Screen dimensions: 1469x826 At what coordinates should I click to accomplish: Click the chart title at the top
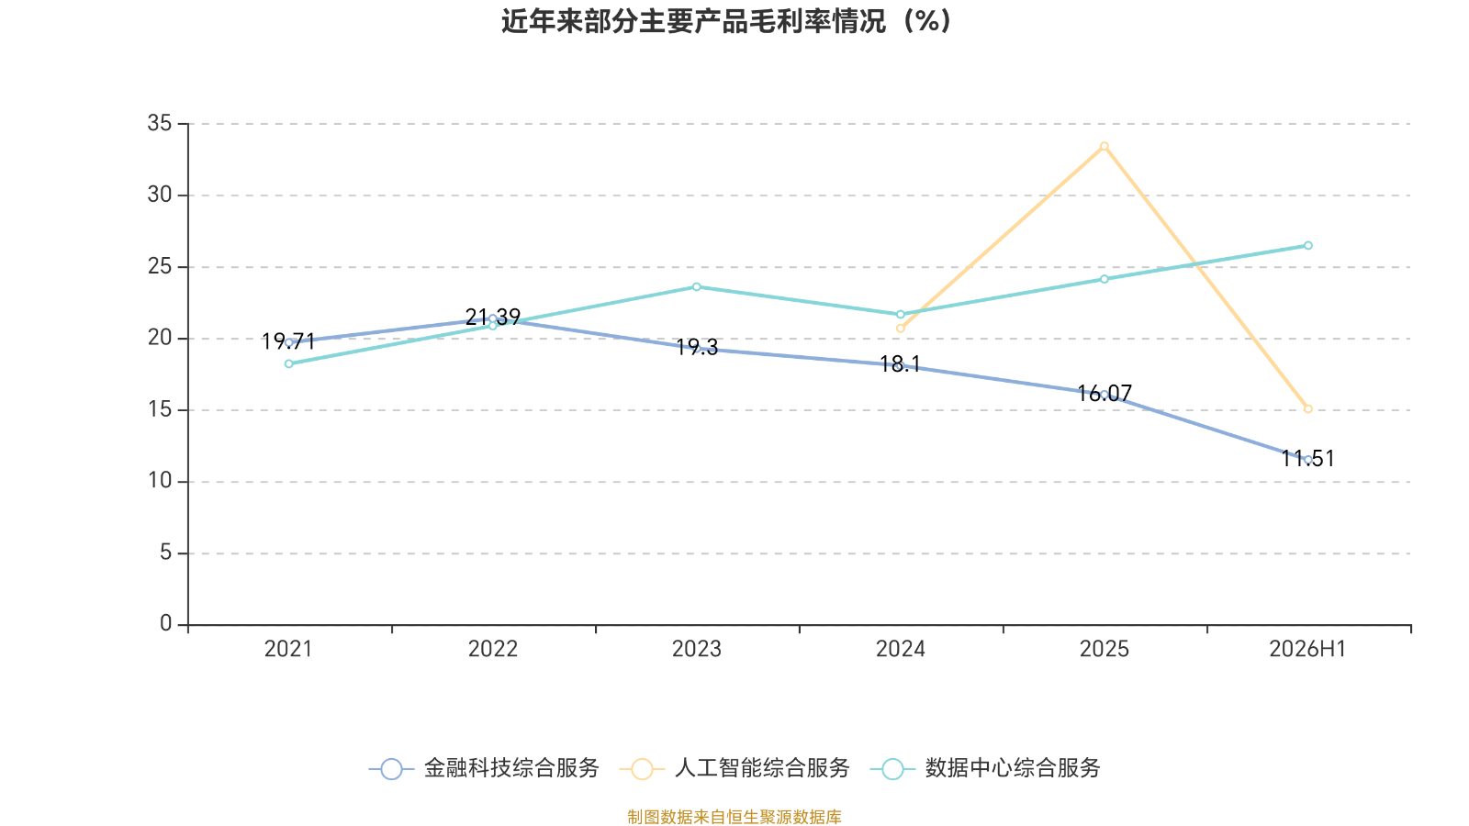726,21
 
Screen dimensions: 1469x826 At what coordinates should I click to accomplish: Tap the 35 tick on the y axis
160,123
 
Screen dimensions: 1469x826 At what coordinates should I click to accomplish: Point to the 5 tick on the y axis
165,553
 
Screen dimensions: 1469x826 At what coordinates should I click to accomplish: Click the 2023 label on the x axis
697,649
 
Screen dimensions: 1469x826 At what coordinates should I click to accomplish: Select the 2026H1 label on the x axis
1307,649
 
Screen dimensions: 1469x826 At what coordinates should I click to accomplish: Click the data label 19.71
288,341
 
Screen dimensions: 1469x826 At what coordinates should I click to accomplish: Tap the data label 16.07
1105,394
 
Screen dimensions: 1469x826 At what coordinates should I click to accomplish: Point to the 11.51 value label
1307,459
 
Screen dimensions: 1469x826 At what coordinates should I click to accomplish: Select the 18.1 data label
900,364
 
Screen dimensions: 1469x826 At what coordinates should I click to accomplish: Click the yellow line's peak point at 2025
1105,146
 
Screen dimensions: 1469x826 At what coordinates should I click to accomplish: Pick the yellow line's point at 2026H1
1307,409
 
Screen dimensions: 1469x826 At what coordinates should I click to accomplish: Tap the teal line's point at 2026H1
1307,246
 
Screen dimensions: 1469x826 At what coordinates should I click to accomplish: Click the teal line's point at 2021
288,363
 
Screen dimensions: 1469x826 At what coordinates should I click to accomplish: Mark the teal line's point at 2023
697,287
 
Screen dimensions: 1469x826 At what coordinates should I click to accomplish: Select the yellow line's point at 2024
900,329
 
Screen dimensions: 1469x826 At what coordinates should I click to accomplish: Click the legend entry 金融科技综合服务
484,768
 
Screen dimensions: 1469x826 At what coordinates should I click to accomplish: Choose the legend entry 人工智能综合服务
734,768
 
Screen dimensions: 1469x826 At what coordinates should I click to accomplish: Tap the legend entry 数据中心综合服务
985,768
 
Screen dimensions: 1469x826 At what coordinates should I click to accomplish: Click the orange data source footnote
734,817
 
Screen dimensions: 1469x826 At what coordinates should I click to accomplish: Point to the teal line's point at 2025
1105,279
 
